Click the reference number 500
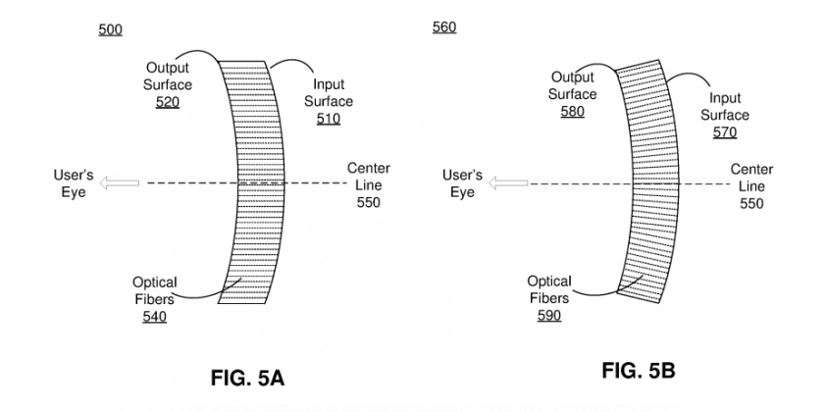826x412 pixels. point(110,30)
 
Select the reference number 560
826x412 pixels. point(443,26)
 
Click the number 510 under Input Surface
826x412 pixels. point(328,119)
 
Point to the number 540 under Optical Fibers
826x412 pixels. point(154,317)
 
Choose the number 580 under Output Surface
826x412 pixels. point(572,112)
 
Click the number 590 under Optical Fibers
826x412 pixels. point(548,316)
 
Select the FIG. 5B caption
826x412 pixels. point(638,371)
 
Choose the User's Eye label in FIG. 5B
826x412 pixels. point(462,183)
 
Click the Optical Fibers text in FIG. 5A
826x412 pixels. point(154,291)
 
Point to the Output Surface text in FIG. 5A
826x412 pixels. point(168,76)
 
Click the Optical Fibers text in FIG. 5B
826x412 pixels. point(549,290)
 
